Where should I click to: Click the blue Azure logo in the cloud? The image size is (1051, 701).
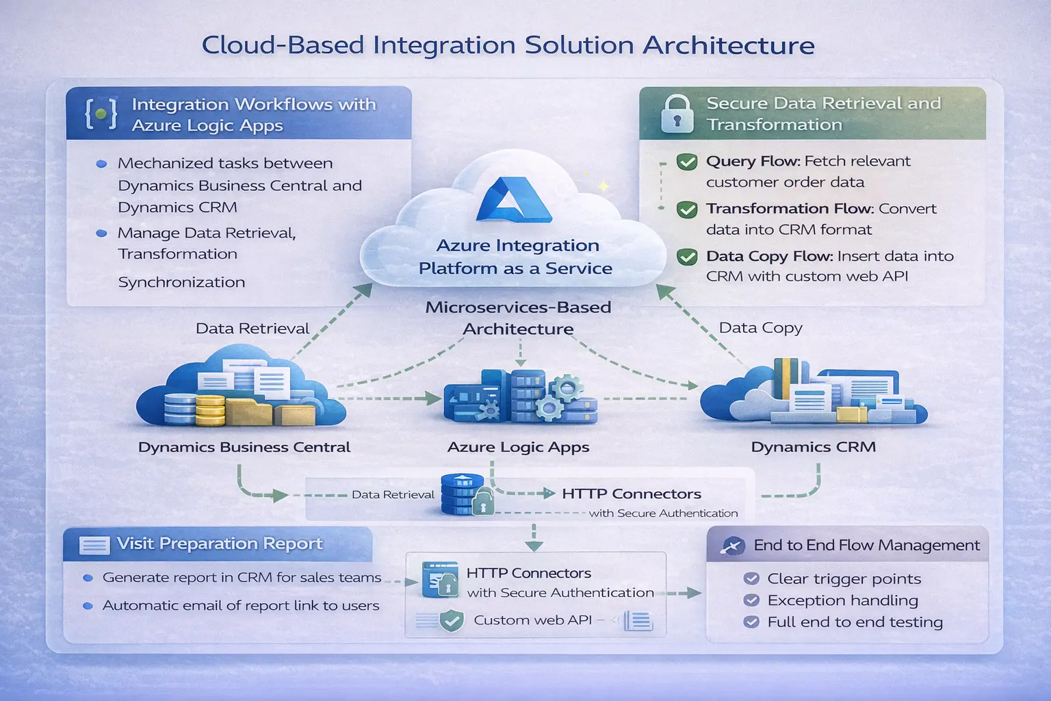pyautogui.click(x=514, y=200)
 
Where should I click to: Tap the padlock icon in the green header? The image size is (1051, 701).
pyautogui.click(x=677, y=114)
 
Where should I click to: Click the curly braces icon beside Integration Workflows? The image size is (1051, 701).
pyautogui.click(x=101, y=114)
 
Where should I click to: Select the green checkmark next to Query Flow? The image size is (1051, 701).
pyautogui.click(x=686, y=162)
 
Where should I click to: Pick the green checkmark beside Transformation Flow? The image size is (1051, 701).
pyautogui.click(x=686, y=209)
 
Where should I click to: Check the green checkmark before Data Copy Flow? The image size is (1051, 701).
pyautogui.click(x=686, y=257)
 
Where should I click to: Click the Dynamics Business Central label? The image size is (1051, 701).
pyautogui.click(x=244, y=448)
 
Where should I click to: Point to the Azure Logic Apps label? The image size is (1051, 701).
pyautogui.click(x=518, y=448)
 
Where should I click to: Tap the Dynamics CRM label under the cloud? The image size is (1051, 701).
pyautogui.click(x=813, y=448)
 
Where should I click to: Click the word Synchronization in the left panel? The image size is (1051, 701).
pyautogui.click(x=181, y=282)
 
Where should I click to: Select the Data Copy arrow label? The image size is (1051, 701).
pyautogui.click(x=760, y=328)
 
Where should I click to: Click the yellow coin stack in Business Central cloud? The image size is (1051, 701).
pyautogui.click(x=210, y=409)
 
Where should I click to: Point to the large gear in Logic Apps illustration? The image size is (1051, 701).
pyautogui.click(x=566, y=388)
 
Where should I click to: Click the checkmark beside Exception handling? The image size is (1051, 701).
pyautogui.click(x=751, y=600)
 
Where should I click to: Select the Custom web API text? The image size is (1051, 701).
pyautogui.click(x=532, y=620)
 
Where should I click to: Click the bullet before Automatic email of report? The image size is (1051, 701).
pyautogui.click(x=88, y=606)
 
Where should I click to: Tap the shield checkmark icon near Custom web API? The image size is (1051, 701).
pyautogui.click(x=451, y=621)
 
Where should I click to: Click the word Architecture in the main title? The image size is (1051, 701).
pyautogui.click(x=729, y=45)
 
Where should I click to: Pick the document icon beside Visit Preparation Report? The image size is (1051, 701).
pyautogui.click(x=94, y=545)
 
